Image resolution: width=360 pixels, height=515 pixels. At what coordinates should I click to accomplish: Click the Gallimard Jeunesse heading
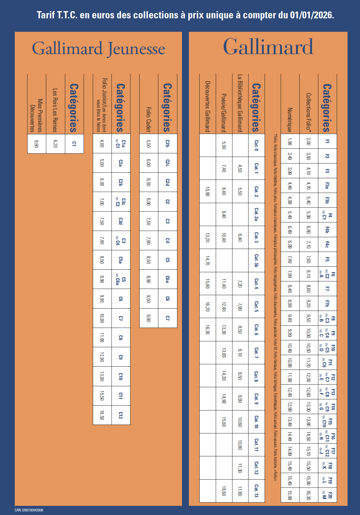tap(98, 48)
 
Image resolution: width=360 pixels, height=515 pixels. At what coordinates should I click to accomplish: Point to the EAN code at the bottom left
tap(29, 510)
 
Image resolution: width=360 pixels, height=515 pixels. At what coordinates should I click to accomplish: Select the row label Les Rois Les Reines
tap(55, 110)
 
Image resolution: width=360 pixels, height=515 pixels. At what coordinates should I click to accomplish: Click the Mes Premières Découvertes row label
tap(36, 115)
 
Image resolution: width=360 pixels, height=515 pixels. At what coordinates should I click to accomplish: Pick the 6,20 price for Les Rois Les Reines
tap(55, 143)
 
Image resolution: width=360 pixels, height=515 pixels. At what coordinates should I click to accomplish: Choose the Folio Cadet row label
tap(149, 119)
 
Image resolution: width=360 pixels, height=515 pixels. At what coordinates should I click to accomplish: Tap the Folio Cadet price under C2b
tap(149, 143)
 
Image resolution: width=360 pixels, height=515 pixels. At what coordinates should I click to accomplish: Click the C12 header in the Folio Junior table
tap(121, 415)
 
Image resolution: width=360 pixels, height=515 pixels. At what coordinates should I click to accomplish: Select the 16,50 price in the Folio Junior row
tap(102, 415)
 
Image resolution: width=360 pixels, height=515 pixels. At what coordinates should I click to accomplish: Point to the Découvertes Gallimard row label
tap(207, 106)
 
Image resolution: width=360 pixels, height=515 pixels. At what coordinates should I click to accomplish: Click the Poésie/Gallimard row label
tap(224, 113)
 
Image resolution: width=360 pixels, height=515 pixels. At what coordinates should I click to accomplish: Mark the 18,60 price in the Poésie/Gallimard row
tap(224, 491)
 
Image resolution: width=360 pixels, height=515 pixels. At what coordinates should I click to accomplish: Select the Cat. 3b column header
tap(256, 260)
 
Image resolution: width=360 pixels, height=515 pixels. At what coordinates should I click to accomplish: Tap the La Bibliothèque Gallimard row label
tap(240, 103)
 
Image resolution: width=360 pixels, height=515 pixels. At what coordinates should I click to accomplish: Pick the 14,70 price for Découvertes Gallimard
tap(207, 260)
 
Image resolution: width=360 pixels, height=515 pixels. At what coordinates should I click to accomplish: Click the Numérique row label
tap(290, 120)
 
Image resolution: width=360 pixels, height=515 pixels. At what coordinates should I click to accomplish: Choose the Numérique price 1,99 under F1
tap(290, 141)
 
